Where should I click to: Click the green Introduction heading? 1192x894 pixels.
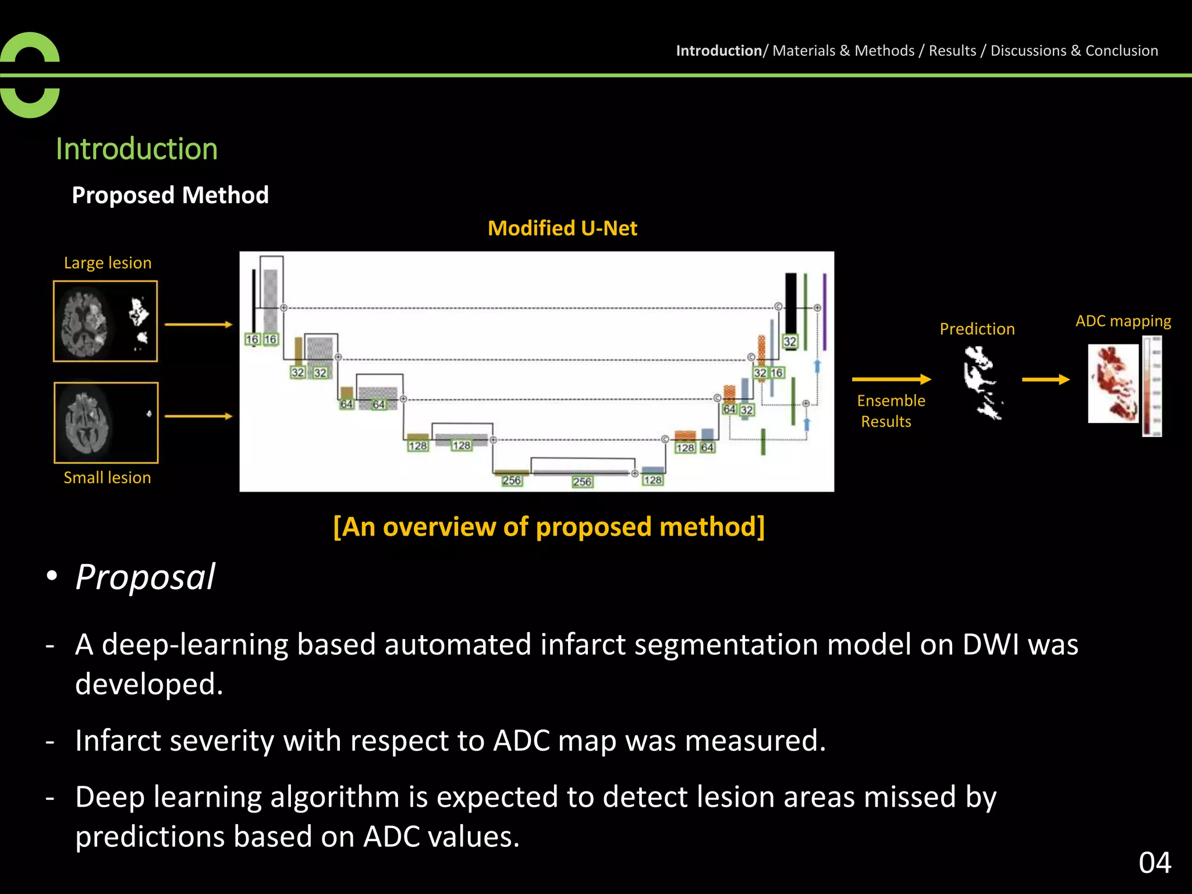pos(137,149)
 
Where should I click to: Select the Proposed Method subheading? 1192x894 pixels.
pos(170,195)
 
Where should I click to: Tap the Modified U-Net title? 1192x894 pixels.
pos(562,228)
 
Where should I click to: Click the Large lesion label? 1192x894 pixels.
pos(108,263)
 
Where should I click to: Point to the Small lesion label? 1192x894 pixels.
pos(107,478)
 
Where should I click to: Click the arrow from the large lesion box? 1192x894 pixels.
pos(198,324)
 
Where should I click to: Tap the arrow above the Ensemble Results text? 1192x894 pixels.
pos(891,379)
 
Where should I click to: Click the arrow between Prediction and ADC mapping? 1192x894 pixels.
pos(1045,379)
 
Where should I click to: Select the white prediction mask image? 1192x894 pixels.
pos(982,382)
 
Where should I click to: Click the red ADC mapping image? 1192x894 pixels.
pos(1113,383)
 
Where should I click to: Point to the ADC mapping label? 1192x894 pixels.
pos(1123,321)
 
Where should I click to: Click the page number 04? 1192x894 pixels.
pos(1155,863)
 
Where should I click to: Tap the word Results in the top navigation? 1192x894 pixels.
pos(952,51)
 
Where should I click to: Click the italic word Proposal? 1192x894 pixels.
pos(146,577)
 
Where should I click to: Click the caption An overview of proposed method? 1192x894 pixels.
pos(549,527)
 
